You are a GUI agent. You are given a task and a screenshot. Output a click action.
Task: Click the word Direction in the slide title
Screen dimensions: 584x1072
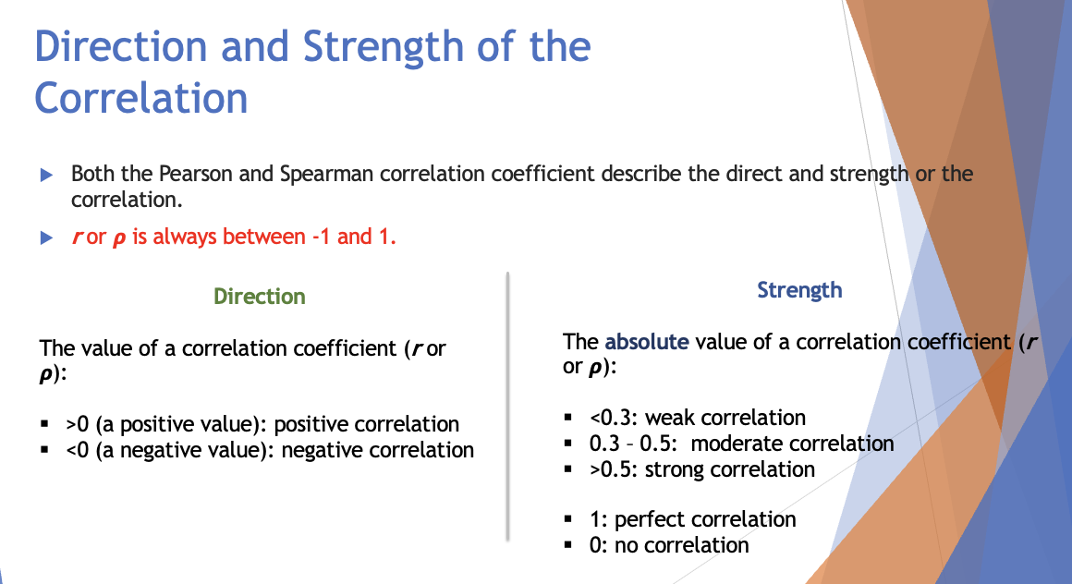coord(125,46)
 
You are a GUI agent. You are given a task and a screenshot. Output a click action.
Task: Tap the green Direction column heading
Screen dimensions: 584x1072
coord(259,297)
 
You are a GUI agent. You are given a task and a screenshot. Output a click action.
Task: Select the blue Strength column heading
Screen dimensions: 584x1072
coord(799,290)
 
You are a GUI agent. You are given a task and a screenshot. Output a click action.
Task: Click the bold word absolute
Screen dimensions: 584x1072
coord(647,342)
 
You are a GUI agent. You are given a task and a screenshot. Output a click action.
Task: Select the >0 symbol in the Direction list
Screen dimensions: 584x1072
coord(77,424)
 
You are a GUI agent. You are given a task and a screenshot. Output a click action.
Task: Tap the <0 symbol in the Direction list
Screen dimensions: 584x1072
coord(77,450)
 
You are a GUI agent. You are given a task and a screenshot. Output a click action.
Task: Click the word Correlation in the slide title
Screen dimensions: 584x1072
coord(141,98)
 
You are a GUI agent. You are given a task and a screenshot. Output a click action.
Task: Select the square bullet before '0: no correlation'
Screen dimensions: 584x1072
coord(570,546)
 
